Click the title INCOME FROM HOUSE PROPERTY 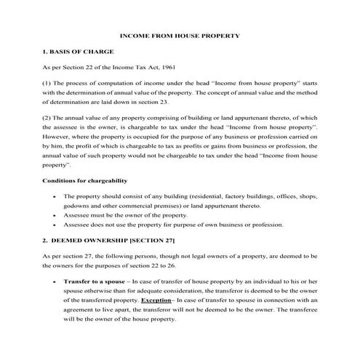pos(179,36)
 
